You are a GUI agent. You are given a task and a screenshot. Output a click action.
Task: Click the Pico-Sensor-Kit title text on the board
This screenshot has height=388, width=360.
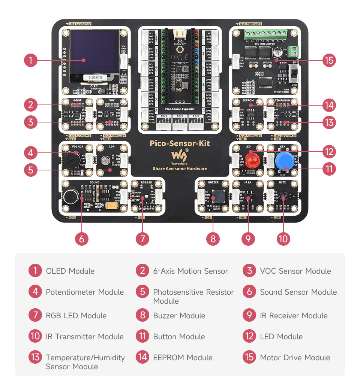point(180,143)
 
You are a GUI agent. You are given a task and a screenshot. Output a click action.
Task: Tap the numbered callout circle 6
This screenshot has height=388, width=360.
point(82,239)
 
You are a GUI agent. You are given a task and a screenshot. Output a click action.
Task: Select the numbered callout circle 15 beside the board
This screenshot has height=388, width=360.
point(329,60)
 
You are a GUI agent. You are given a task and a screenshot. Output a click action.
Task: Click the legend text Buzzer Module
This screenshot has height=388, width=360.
point(179,316)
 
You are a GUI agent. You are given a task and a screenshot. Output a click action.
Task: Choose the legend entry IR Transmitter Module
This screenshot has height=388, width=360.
point(84,337)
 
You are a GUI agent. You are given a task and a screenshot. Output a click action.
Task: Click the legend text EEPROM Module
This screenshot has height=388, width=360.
point(183,358)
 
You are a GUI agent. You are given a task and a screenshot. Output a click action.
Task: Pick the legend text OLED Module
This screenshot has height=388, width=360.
point(70,271)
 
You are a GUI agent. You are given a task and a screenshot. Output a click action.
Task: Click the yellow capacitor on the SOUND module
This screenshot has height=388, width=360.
point(112,206)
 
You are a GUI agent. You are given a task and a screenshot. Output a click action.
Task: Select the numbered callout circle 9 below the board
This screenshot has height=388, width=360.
point(248,239)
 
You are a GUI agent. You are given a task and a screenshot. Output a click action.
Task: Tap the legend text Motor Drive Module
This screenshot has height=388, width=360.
point(295,358)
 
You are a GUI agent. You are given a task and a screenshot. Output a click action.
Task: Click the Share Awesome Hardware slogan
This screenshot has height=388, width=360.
point(180,169)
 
